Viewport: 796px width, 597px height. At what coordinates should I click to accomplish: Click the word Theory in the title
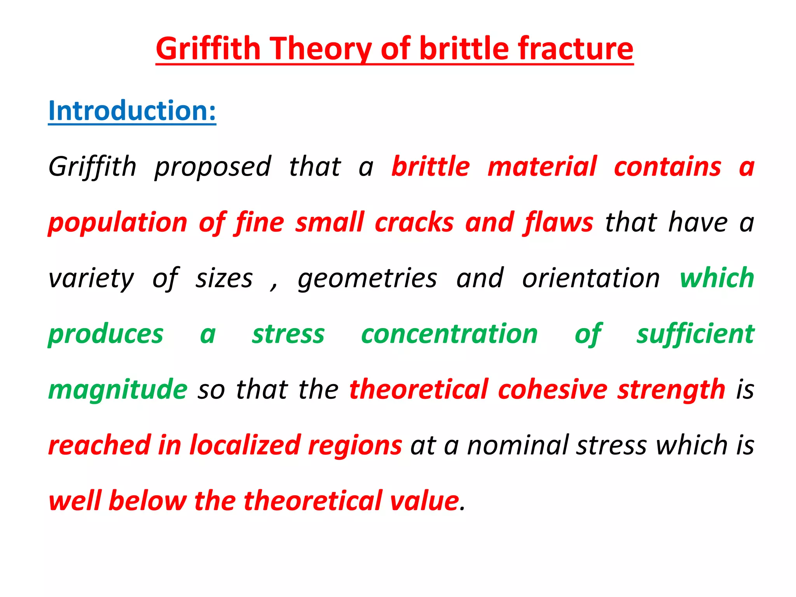point(321,49)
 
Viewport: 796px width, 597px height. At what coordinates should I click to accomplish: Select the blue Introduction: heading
point(132,111)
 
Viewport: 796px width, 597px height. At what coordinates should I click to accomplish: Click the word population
point(118,223)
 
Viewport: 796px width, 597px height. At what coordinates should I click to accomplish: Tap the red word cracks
point(414,223)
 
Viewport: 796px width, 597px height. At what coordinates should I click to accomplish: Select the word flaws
point(559,223)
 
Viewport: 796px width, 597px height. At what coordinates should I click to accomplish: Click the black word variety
point(91,279)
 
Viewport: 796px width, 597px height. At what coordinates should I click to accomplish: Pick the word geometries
point(367,279)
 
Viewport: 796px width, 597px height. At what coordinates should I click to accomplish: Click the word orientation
point(591,278)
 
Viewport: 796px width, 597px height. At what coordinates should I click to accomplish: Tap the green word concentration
point(449,334)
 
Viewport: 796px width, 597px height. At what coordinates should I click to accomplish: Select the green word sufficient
point(695,334)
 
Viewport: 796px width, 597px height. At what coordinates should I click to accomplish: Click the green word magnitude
point(118,390)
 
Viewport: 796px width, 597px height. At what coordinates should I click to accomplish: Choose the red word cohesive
point(552,389)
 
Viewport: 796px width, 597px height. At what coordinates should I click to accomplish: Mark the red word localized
point(245,445)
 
